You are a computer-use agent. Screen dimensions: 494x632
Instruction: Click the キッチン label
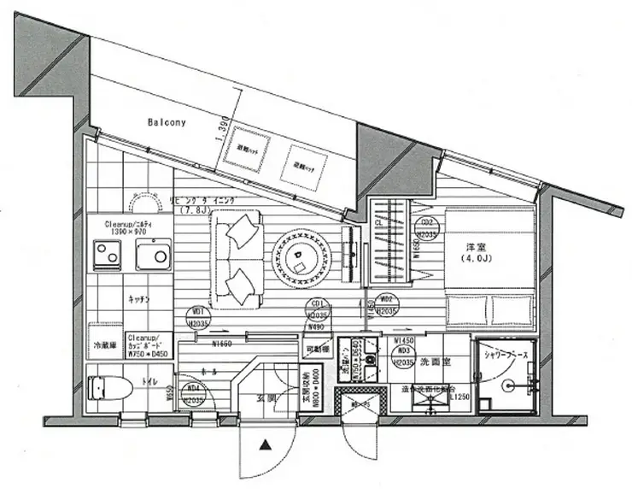click(138, 299)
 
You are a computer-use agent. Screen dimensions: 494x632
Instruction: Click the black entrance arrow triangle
click(266, 444)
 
